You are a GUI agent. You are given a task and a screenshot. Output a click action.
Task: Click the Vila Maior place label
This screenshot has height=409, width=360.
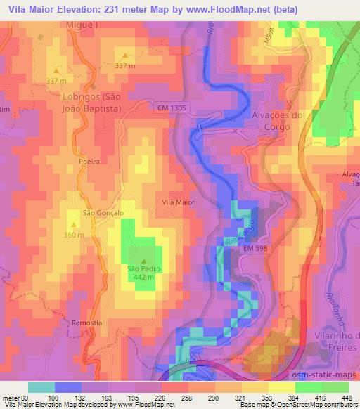[178, 202]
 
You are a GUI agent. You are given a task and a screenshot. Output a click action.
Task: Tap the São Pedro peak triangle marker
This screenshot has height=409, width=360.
[145, 261]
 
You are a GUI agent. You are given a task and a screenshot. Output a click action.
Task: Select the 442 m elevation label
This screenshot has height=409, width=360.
[145, 277]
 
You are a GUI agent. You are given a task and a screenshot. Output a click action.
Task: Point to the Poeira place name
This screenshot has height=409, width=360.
[89, 162]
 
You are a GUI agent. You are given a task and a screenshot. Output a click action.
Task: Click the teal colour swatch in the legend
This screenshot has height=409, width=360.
[41, 387]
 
